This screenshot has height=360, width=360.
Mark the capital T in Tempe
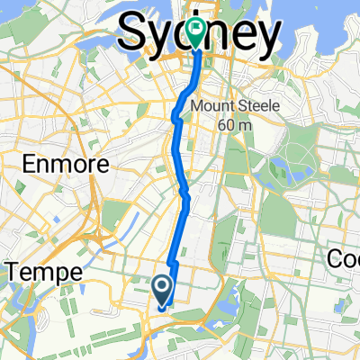[x=12, y=272]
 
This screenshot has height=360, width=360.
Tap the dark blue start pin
[x=163, y=289]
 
